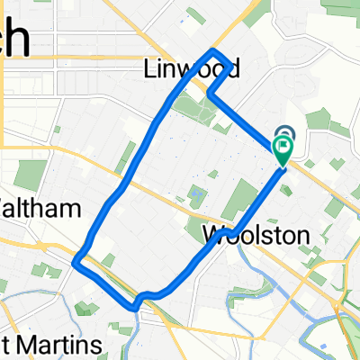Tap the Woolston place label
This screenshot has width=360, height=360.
pyautogui.click(x=256, y=236)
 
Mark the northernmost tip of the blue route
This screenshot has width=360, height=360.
pyautogui.click(x=213, y=49)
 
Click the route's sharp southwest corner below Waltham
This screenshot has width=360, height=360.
pyautogui.click(x=77, y=263)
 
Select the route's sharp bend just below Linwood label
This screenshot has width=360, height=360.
pyautogui.click(x=209, y=91)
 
